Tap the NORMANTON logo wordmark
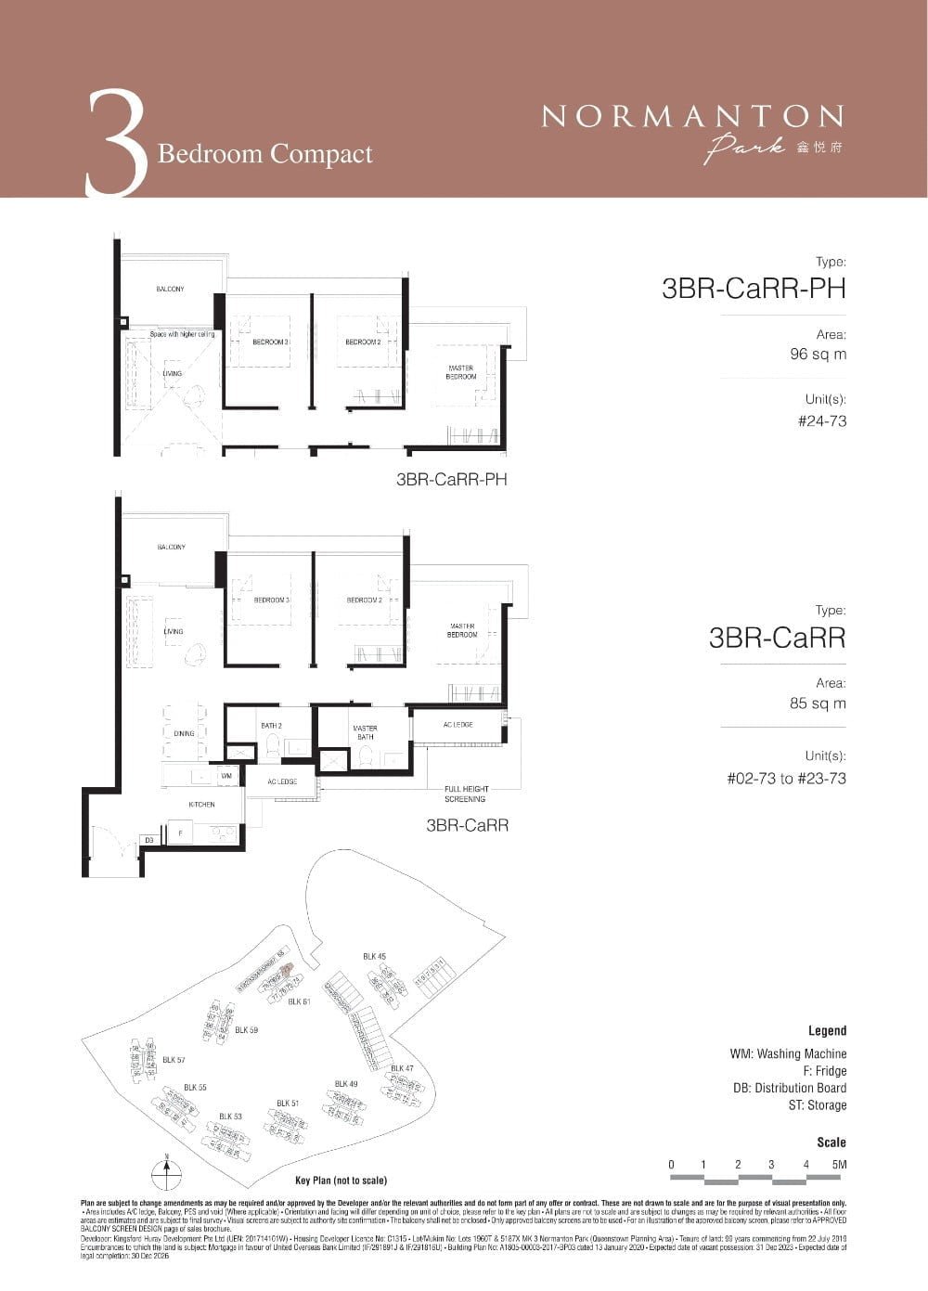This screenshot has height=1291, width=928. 692,117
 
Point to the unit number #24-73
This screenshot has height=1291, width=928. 821,421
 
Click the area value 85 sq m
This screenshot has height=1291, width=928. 818,704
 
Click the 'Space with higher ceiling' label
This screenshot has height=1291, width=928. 183,334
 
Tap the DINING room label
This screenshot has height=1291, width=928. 184,733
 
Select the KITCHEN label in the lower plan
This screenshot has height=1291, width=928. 201,805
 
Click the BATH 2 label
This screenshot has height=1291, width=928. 271,726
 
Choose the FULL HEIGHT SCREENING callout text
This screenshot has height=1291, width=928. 465,794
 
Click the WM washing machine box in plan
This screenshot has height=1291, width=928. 226,775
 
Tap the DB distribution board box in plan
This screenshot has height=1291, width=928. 148,840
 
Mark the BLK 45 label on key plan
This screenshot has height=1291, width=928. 374,957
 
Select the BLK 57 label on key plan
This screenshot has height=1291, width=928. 174,1059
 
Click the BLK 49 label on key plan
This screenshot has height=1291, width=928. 346,1084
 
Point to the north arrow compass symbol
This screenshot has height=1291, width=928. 166,1172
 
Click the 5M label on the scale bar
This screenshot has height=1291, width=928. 839,1165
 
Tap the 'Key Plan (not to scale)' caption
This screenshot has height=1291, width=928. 341,1181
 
